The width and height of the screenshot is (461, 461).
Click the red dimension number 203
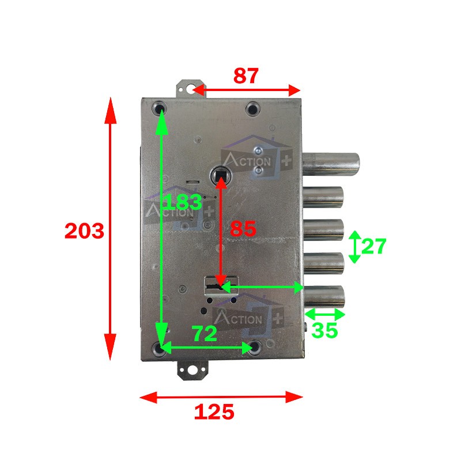[84, 231]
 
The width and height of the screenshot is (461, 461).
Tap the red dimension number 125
[214, 411]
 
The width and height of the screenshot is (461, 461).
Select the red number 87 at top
[246, 76]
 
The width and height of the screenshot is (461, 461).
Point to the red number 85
[243, 228]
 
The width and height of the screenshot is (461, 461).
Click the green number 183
[182, 202]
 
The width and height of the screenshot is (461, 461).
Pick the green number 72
[205, 334]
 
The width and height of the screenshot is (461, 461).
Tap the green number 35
[324, 330]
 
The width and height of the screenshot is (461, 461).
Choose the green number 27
[373, 246]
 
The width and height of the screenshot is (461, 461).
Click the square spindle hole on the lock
[221, 176]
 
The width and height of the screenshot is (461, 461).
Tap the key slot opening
[214, 286]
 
